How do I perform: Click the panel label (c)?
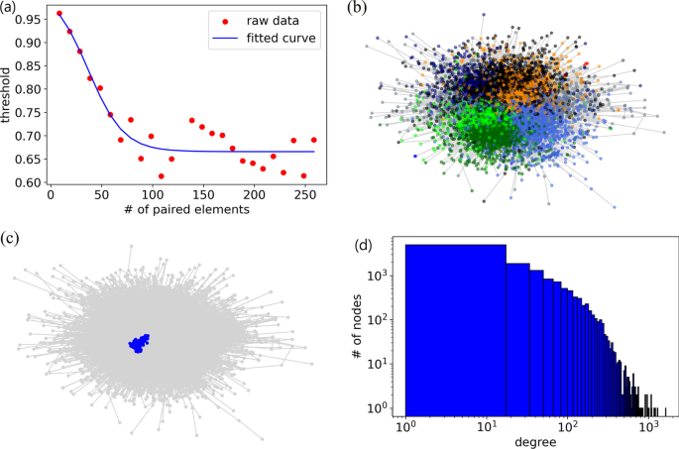[x=12, y=239]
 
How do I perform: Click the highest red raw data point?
[x=59, y=14]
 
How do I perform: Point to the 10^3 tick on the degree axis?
[x=648, y=424]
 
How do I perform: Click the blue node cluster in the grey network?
[x=138, y=343]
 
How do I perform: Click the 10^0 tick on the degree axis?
[x=406, y=424]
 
